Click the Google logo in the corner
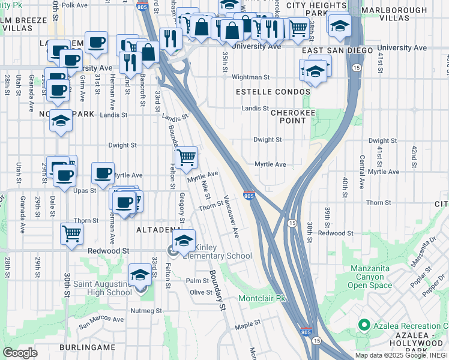pos(20,353)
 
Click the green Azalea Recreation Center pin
pos(363,325)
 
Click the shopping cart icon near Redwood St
pos(71,233)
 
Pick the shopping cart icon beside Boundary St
pos(187,158)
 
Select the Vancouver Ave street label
pos(232,216)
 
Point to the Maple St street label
pos(248,323)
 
